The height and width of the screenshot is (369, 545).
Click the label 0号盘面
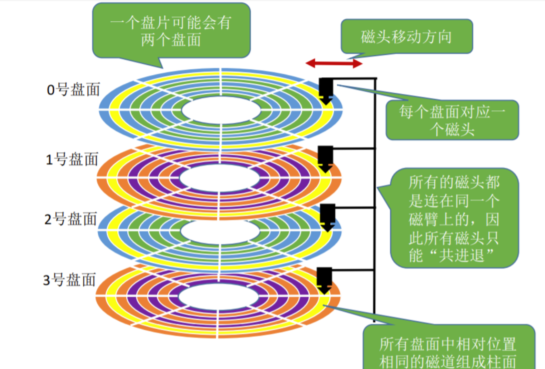click(x=73, y=89)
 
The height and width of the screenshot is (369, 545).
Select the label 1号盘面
click(x=72, y=160)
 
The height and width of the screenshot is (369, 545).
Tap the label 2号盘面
click(x=71, y=220)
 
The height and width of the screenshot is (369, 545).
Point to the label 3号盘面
click(x=70, y=280)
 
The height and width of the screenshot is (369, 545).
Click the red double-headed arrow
click(x=334, y=63)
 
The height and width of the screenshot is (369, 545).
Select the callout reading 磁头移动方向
click(x=407, y=37)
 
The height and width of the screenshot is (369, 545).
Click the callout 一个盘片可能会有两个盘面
click(x=171, y=31)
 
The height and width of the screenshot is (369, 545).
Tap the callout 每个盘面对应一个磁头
click(x=452, y=120)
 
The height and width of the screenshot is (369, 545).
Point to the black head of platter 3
click(x=324, y=279)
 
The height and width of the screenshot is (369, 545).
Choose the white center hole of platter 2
click(x=220, y=231)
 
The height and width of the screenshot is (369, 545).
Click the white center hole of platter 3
click(x=219, y=297)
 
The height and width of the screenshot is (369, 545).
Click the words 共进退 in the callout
click(x=462, y=255)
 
